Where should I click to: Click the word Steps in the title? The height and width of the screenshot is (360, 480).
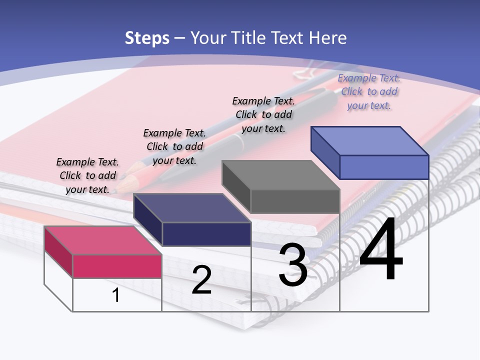(x=147, y=38)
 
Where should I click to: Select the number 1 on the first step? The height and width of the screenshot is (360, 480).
(x=116, y=295)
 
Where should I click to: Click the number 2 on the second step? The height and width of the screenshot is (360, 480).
(x=201, y=280)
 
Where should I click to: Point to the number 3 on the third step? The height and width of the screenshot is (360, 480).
(x=293, y=265)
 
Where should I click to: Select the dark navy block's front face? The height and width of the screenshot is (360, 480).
(x=207, y=234)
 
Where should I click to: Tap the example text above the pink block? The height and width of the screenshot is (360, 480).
(x=87, y=175)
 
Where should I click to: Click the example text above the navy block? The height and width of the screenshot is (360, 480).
(x=174, y=146)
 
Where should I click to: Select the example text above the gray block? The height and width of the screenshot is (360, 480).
(x=263, y=114)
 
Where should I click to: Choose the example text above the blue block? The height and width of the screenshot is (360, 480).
(x=369, y=91)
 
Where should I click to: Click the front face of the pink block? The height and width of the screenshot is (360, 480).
(x=117, y=266)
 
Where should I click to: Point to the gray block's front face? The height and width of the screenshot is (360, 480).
(x=295, y=201)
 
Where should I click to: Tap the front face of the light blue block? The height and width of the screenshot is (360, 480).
(x=384, y=167)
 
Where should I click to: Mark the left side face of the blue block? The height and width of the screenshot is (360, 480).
(x=325, y=152)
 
